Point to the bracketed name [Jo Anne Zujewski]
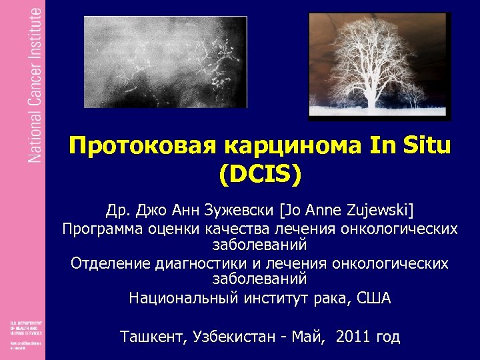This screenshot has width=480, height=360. [347, 211]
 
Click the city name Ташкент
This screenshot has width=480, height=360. [151, 337]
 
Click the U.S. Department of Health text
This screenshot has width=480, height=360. [26, 327]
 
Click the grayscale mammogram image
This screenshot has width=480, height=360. [165, 61]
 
